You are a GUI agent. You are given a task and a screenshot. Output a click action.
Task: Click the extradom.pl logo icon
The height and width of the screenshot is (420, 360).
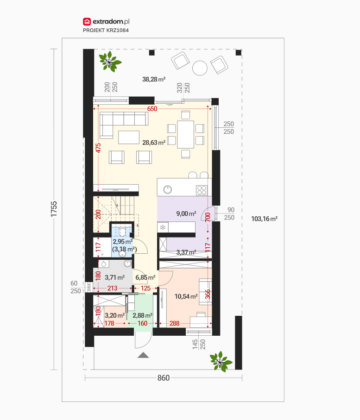click(87, 21)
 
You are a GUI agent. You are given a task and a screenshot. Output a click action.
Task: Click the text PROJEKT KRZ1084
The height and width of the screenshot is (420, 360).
click(106, 30)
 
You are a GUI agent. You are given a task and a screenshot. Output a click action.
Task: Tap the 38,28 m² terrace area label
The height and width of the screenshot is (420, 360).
click(154, 79)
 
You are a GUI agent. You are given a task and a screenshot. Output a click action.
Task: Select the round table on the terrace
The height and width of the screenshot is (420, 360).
click(200, 68)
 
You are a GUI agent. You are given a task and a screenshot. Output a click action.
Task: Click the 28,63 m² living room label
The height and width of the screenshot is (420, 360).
click(154, 143)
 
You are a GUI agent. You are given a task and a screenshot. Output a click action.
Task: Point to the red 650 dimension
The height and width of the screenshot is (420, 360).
click(152, 109)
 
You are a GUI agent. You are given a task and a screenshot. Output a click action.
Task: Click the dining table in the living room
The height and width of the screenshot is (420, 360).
click(185, 134)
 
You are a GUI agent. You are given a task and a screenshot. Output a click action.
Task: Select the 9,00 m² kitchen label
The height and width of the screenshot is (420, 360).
click(186, 214)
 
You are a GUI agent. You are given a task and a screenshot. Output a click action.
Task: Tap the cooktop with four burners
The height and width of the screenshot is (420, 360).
click(202, 190)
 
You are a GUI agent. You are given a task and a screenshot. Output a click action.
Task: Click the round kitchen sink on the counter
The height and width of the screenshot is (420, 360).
click(168, 190)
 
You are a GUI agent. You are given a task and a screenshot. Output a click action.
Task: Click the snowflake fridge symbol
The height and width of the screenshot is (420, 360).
click(163, 228)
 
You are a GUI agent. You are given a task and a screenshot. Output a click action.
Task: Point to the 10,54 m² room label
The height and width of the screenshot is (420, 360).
click(186, 296)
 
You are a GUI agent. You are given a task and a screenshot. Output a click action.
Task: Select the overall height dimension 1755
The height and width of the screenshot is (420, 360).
click(54, 209)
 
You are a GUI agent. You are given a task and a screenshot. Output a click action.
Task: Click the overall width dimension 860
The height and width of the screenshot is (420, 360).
click(164, 378)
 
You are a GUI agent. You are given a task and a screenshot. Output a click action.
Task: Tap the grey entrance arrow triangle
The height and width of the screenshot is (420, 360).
click(143, 355)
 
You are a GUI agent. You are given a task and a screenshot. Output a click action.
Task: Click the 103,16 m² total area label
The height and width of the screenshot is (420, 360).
click(264, 219)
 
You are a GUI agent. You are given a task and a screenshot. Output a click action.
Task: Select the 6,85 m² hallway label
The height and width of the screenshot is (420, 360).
click(145, 277)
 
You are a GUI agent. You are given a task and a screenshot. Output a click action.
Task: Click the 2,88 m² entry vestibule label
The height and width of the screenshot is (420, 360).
click(143, 315)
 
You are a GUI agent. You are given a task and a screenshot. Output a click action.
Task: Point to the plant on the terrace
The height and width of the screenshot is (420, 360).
click(110, 62)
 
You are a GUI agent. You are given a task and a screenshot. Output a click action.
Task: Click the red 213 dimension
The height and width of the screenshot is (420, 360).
click(112, 288)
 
